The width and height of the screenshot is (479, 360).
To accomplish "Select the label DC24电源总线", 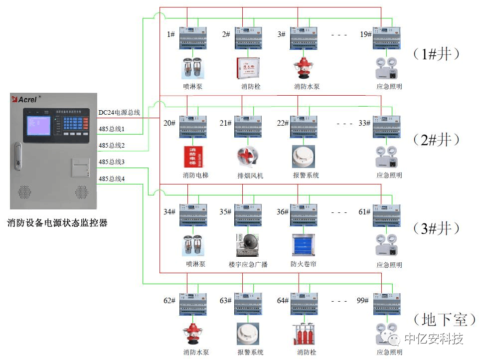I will click(x=119, y=113).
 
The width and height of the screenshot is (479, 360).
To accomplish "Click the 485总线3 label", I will click(x=112, y=162).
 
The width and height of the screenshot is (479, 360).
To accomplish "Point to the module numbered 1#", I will click(x=193, y=38).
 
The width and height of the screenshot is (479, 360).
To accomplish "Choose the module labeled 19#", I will click(x=387, y=38).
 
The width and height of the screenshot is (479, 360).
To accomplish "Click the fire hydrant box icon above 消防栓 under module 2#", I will click(x=248, y=68).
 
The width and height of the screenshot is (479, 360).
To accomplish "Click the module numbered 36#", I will click(x=304, y=215).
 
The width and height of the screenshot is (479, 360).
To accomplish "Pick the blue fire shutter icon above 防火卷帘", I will click(x=304, y=245).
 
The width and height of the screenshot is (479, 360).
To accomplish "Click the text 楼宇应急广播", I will click(x=248, y=264).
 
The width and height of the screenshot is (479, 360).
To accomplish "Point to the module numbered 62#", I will click(x=193, y=304).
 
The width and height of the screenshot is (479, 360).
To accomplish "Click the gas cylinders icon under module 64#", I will click(x=304, y=334).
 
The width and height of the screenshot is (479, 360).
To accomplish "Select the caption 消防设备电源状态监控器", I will click(x=58, y=223).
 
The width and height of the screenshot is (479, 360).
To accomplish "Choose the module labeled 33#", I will click(x=387, y=127).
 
